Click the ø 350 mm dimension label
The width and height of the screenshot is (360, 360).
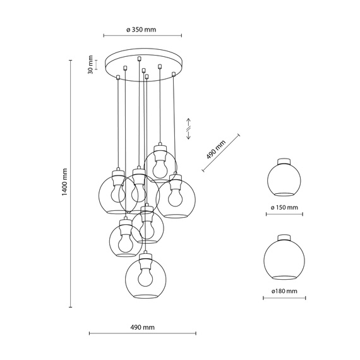141,30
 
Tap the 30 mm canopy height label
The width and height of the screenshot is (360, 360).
91,64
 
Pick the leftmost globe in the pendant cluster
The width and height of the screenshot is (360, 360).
116,195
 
